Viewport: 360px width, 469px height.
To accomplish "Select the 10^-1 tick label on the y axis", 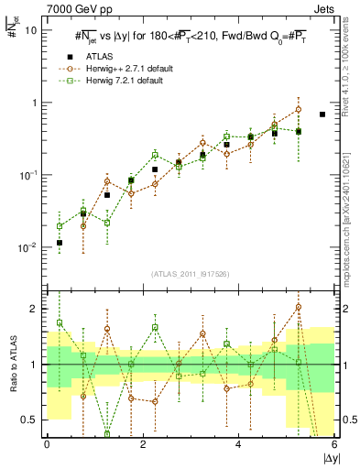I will pos(29,175).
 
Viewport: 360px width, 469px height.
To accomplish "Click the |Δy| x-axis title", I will pos(325,457).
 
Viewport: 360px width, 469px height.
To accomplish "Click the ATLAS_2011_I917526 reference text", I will pos(191,275).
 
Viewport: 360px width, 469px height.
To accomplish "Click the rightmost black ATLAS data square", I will pos(322,115).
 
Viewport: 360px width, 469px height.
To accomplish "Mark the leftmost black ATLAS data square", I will pos(60,243).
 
